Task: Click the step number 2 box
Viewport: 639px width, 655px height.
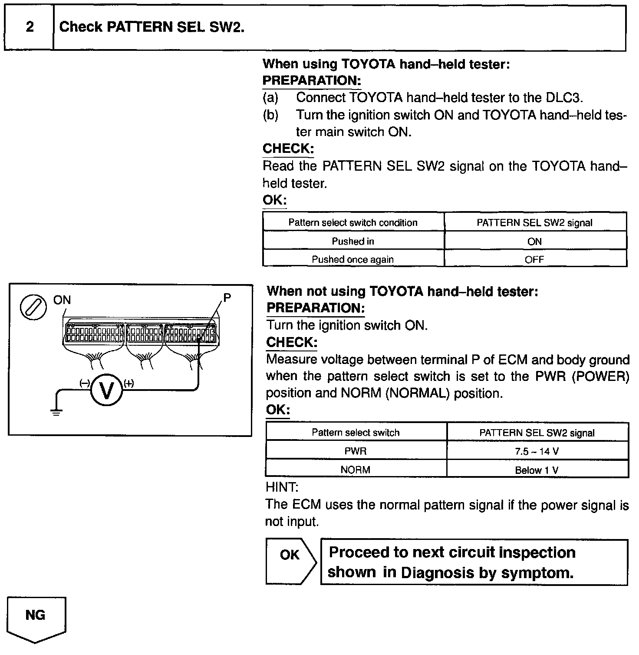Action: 29,27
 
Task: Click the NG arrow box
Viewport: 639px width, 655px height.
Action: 36,617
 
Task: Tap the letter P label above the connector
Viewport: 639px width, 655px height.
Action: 227,298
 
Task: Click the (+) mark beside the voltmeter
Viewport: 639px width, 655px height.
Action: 129,383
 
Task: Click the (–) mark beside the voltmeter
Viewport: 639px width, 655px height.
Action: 84,383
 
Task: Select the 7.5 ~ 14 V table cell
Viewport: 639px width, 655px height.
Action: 537,451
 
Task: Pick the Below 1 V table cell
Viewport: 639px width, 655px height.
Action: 537,470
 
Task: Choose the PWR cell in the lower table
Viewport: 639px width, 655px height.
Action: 356,451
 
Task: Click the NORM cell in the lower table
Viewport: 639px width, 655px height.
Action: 356,470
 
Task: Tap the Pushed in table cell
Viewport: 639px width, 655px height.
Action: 353,241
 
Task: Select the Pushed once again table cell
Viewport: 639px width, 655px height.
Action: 353,259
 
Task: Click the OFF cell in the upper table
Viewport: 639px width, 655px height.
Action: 534,259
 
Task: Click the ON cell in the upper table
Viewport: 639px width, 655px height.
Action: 534,241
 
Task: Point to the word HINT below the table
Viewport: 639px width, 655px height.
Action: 282,487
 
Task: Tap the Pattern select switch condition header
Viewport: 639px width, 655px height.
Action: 353,222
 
